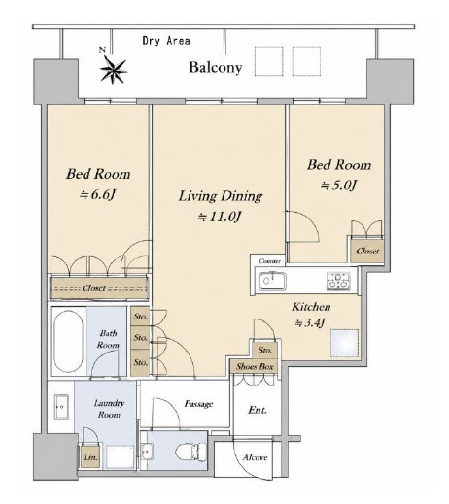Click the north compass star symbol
click(113, 71)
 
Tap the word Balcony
click(216, 67)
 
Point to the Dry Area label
click(166, 41)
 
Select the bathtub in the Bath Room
click(68, 342)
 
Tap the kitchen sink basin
click(272, 281)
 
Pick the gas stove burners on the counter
click(338, 281)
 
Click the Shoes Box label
click(255, 366)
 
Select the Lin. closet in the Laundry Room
click(90, 457)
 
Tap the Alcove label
click(256, 457)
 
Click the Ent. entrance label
click(258, 410)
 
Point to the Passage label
click(198, 404)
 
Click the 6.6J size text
click(97, 195)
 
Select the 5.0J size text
click(338, 185)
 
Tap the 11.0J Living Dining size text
click(220, 217)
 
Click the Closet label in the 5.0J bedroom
click(367, 252)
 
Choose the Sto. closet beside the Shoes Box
click(265, 350)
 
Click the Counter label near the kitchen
click(270, 261)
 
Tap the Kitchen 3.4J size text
click(310, 323)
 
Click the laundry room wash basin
click(61, 407)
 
